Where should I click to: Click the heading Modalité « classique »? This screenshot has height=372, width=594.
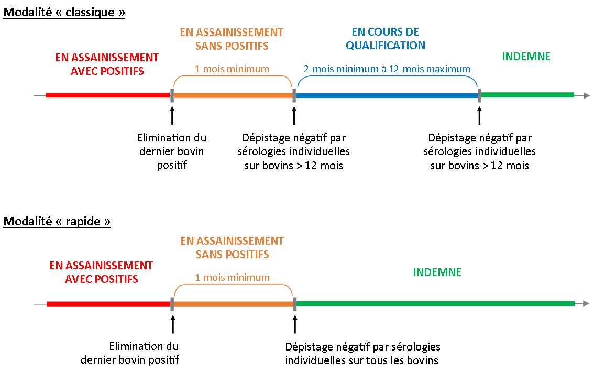64,13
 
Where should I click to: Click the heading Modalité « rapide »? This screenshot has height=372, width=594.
57,221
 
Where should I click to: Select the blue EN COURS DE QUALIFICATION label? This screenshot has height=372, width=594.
386,39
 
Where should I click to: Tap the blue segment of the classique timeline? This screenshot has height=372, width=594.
387,95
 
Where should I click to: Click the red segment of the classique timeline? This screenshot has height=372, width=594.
108,95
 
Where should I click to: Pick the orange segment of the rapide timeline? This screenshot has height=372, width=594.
234,304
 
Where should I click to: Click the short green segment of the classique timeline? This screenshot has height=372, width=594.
527,95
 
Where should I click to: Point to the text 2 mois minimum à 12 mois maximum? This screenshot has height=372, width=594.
387,69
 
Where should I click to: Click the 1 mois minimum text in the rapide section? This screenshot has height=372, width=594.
232,278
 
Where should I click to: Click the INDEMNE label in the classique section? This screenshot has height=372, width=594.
526,57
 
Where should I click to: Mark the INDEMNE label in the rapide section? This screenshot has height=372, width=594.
437,272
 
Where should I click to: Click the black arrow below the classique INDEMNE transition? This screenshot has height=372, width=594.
480,116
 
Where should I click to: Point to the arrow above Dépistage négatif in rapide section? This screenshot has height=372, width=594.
295,324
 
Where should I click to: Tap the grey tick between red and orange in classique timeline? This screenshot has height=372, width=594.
172,95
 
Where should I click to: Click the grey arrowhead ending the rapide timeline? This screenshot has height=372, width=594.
586,303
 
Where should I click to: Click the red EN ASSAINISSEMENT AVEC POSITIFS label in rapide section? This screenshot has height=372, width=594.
101,272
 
